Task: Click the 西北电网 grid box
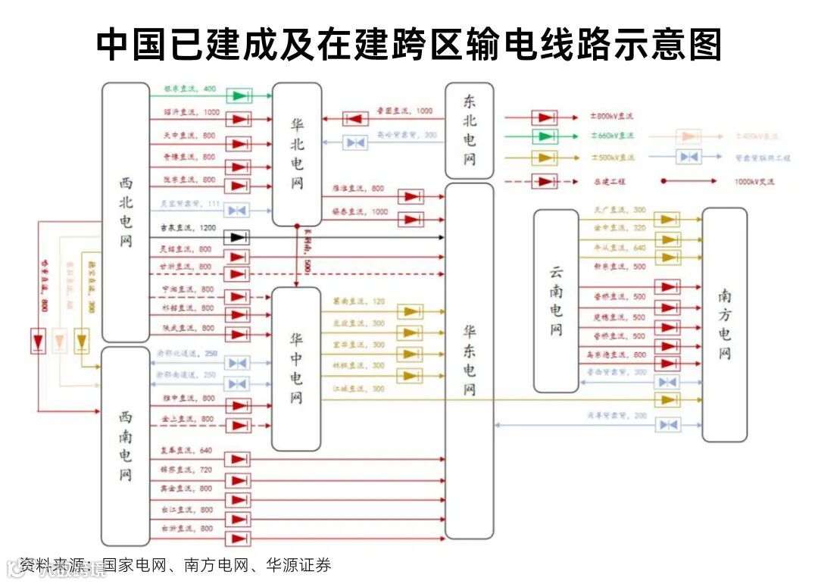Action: pyautogui.click(x=126, y=212)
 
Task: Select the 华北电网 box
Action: pyautogui.click(x=297, y=154)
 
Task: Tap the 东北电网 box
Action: pyautogui.click(x=470, y=130)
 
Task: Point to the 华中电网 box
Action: pyautogui.click(x=296, y=369)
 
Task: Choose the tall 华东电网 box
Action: pyautogui.click(x=470, y=361)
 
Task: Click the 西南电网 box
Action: pyautogui.click(x=126, y=446)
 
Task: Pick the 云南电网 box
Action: pyautogui.click(x=556, y=301)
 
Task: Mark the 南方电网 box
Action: pyautogui.click(x=724, y=324)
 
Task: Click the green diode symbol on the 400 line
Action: pyautogui.click(x=241, y=96)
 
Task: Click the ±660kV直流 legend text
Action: pyautogui.click(x=612, y=136)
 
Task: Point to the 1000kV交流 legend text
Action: pyautogui.click(x=755, y=182)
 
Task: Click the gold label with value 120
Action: pyautogui.click(x=358, y=301)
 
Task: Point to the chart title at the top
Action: pyautogui.click(x=409, y=44)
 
